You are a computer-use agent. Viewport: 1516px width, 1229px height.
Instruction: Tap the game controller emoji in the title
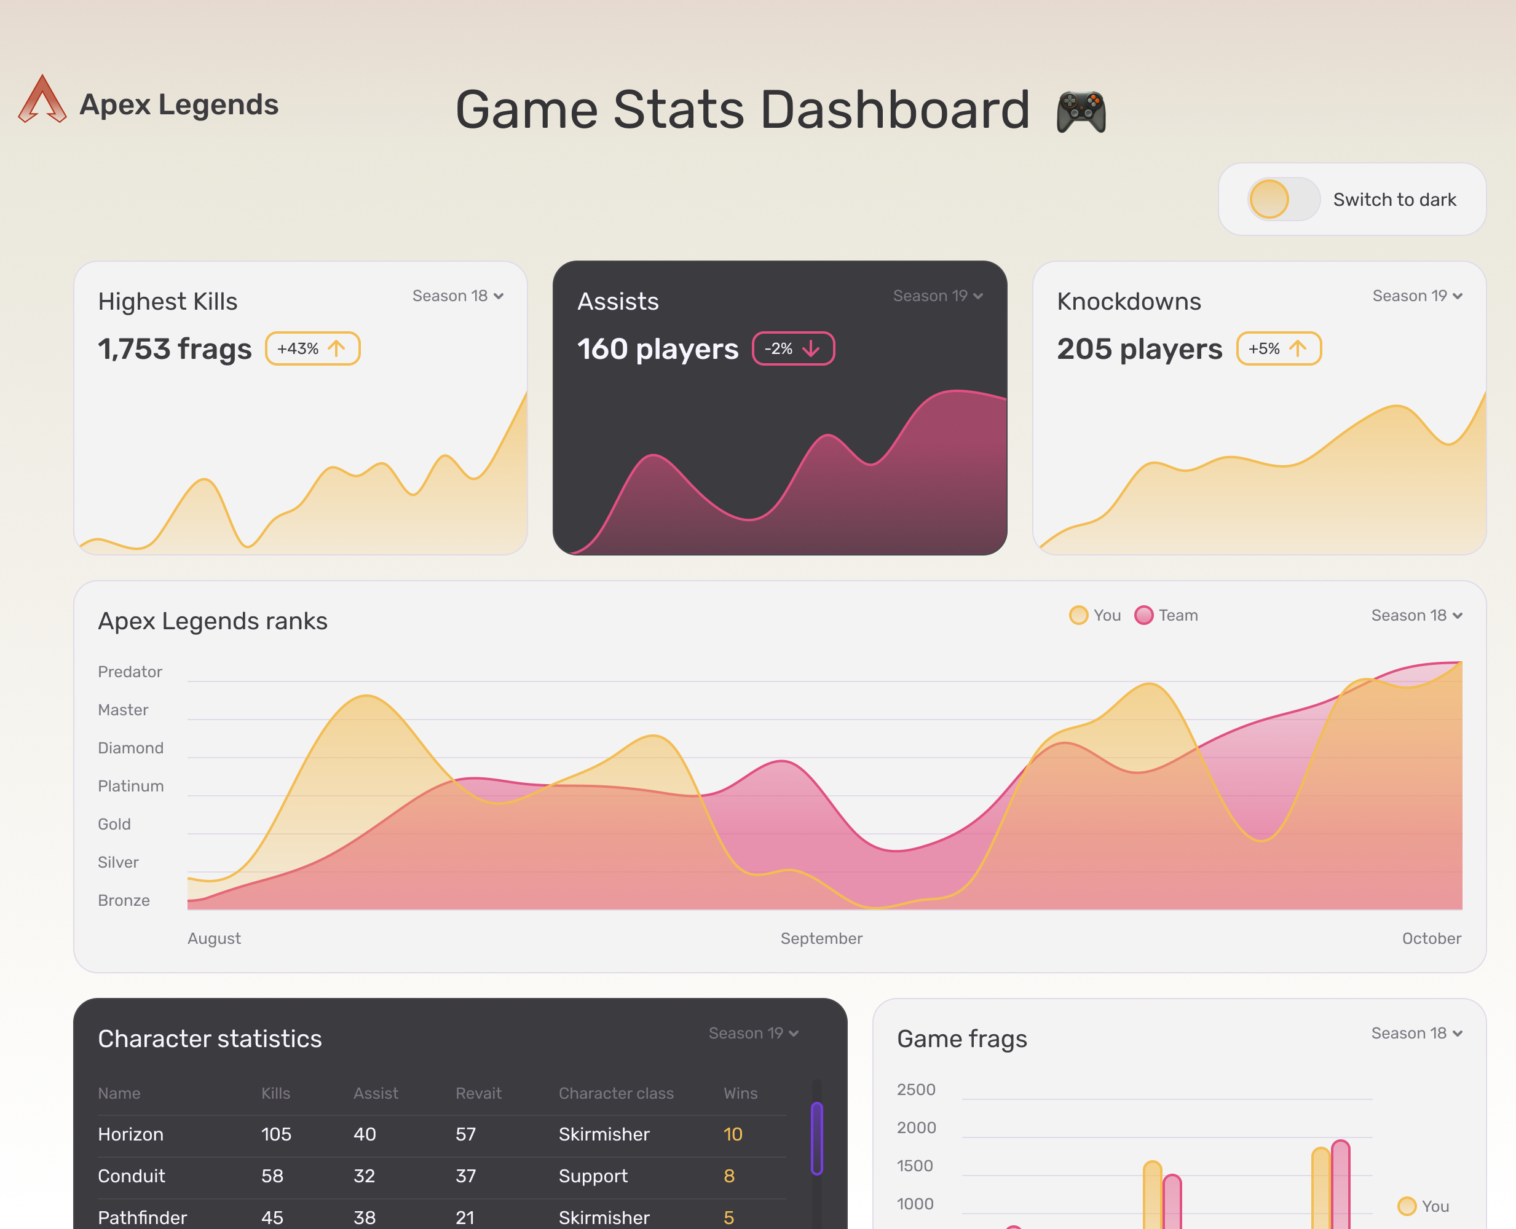click(1081, 112)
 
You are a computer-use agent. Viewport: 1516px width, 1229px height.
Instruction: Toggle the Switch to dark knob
click(1269, 200)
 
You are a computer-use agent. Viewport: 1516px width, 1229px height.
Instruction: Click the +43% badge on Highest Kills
click(312, 348)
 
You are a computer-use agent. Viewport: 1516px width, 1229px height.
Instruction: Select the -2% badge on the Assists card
click(793, 348)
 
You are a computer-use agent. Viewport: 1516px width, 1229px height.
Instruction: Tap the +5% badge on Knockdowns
click(1278, 348)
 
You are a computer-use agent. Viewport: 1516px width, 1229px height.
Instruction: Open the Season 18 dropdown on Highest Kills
click(458, 296)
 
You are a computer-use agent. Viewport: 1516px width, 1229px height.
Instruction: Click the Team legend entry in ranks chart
click(1167, 615)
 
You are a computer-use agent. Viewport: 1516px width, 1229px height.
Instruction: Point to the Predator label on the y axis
click(130, 672)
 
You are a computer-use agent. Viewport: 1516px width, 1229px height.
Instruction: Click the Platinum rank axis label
click(131, 786)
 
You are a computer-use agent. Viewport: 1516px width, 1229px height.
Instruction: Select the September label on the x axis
click(821, 938)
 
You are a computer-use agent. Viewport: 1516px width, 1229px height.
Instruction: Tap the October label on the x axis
click(1431, 938)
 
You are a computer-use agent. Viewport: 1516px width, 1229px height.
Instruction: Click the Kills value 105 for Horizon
click(276, 1134)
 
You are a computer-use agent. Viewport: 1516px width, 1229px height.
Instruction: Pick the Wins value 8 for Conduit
click(729, 1176)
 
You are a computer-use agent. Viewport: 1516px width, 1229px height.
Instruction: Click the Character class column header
click(616, 1093)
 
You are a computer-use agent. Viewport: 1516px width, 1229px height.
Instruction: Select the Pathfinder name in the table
click(143, 1217)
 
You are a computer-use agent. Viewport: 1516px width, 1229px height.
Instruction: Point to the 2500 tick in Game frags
click(916, 1090)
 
